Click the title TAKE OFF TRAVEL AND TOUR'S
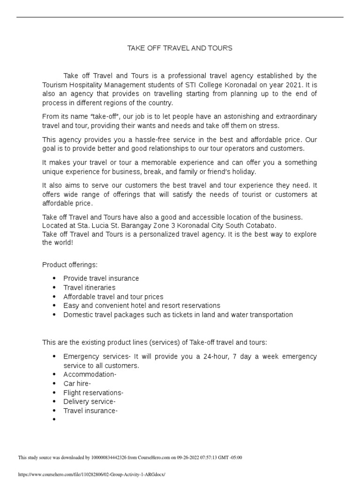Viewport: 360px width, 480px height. pyautogui.click(x=180, y=48)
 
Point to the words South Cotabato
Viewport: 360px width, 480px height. pyautogui.click(x=253, y=225)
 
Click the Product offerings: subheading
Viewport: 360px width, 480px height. pyautogui.click(x=70, y=265)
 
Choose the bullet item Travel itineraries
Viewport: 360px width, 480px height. pyautogui.click(x=89, y=287)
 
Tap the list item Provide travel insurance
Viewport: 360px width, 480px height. pyautogui.click(x=101, y=278)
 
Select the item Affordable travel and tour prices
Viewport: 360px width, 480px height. pyautogui.click(x=113, y=297)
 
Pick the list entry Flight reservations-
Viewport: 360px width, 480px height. pyautogui.click(x=93, y=393)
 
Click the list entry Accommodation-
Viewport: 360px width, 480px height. pyautogui.click(x=90, y=375)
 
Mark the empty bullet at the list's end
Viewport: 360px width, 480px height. pyautogui.click(x=55, y=420)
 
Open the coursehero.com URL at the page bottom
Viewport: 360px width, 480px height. pyautogui.click(x=91, y=474)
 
